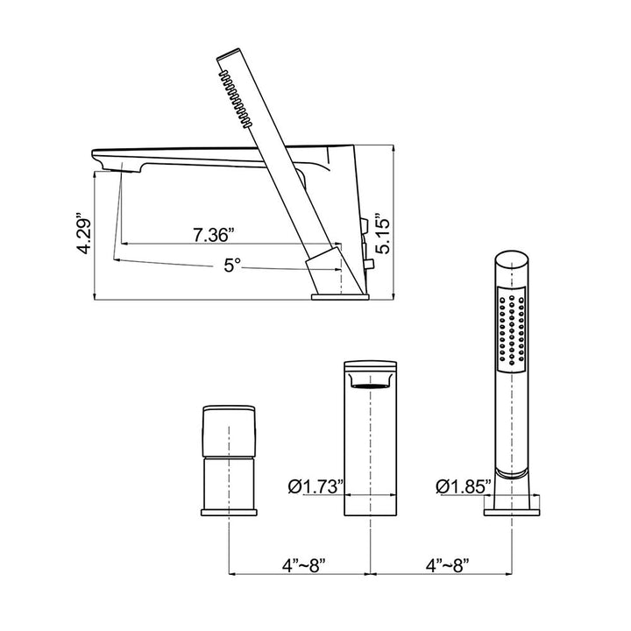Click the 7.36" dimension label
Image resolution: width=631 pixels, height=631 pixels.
pos(213,235)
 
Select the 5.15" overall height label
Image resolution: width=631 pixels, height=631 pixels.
pos(383,237)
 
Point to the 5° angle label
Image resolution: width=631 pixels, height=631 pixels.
pos(232,266)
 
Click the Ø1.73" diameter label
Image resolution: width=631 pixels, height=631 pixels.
pos(315,486)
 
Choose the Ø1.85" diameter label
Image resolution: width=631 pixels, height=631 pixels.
pos(464,486)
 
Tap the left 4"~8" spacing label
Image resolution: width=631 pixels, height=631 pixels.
pos(304,565)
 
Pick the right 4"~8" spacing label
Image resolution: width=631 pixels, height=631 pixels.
pos(448,565)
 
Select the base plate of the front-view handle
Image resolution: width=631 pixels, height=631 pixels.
pos(229,513)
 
